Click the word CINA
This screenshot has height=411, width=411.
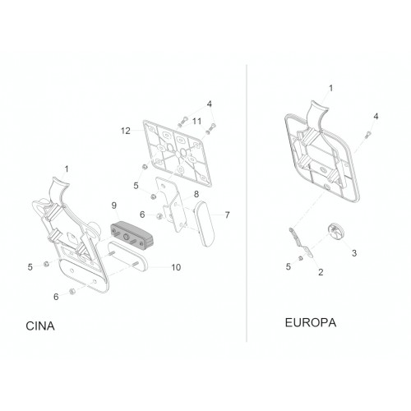tap(40, 326)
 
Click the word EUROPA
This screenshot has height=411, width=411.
tap(311, 322)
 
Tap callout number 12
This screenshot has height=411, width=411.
tap(126, 131)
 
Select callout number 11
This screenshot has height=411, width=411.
tap(196, 121)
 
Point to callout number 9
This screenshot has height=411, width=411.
tap(114, 205)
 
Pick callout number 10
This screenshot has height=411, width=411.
tap(176, 267)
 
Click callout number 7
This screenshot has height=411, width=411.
tap(227, 215)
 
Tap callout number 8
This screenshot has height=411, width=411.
tap(196, 194)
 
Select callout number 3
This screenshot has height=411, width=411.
tap(354, 253)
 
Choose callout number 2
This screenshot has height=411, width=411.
tap(321, 272)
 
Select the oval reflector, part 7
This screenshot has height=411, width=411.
tap(205, 224)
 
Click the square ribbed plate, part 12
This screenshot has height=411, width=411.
tap(178, 153)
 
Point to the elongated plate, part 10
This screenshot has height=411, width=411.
tap(127, 256)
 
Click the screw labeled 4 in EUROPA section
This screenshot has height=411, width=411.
tap(367, 135)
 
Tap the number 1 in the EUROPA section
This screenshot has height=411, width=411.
tap(330, 88)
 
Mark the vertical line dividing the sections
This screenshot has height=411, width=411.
tap(247, 203)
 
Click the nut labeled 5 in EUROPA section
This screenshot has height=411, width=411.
tap(301, 258)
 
